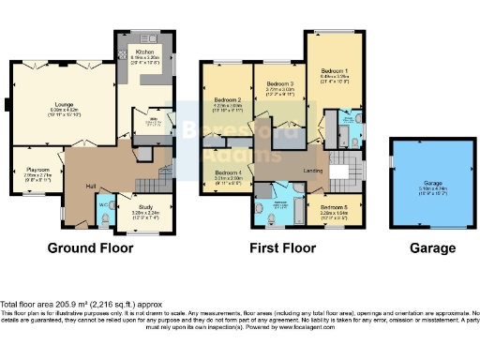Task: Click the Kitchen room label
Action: pos(145,52)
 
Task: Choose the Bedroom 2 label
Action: pos(228,99)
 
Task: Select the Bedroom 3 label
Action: pos(279,83)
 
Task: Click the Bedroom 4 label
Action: pos(228,172)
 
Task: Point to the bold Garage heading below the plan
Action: pos(432,248)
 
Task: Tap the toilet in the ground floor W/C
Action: pos(106,218)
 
